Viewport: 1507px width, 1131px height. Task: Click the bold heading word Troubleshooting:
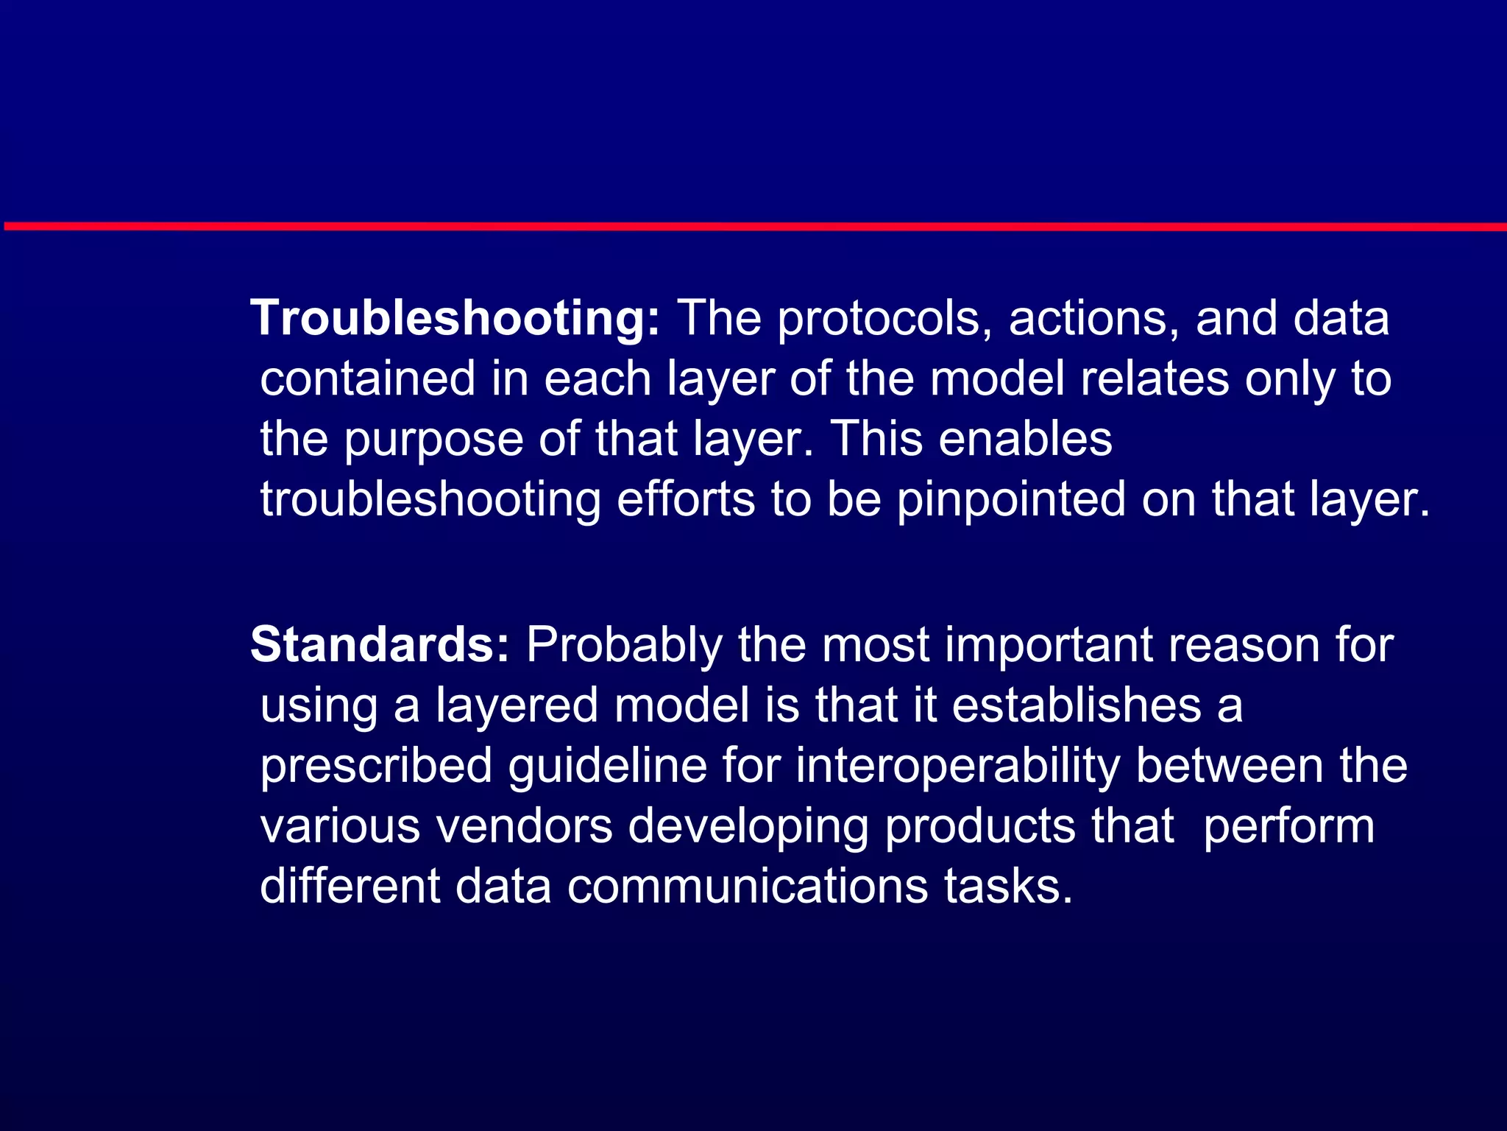(x=455, y=320)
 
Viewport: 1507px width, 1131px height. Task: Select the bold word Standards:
(x=380, y=645)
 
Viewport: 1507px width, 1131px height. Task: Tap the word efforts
(x=685, y=500)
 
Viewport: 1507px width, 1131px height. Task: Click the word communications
(x=748, y=887)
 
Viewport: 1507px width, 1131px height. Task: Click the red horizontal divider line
(x=753, y=227)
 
